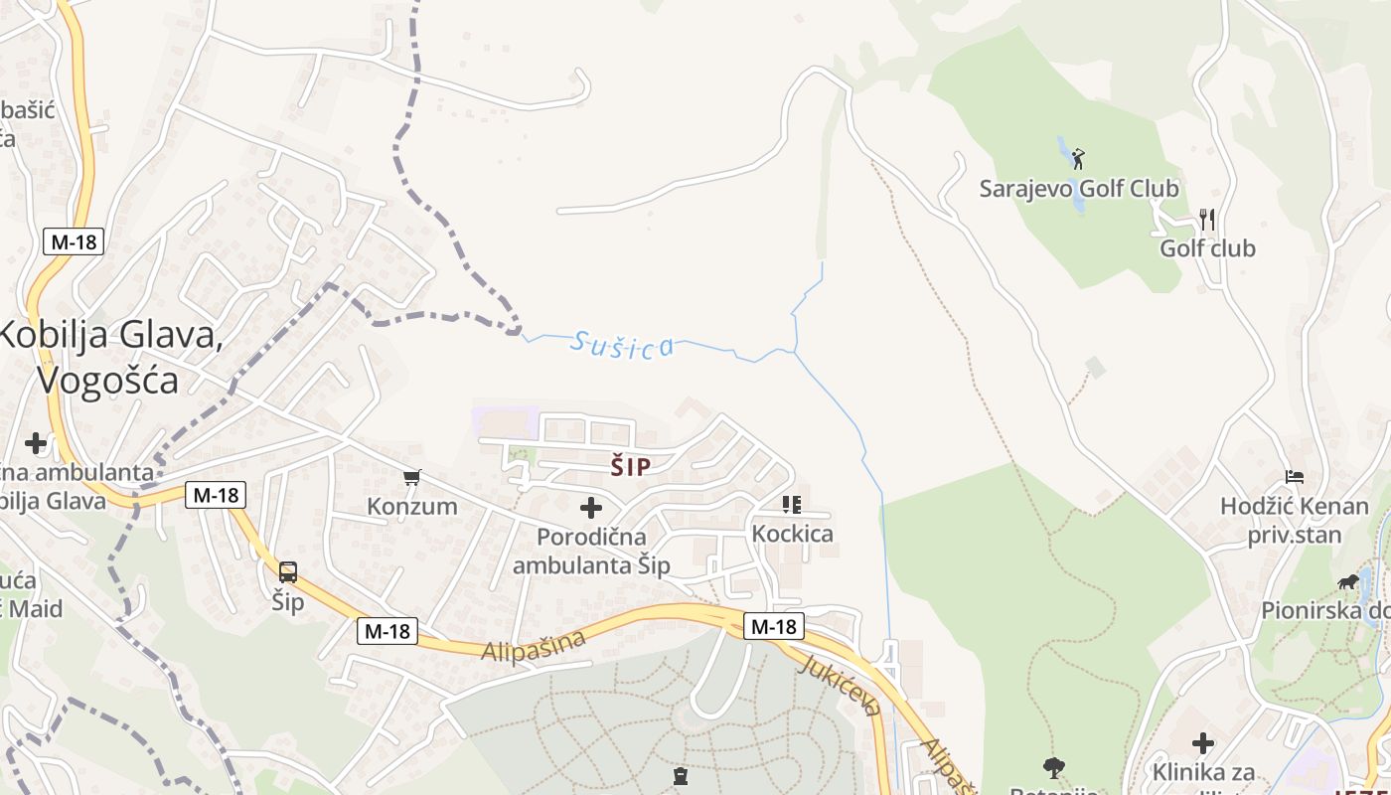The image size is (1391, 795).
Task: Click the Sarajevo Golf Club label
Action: pyautogui.click(x=1079, y=189)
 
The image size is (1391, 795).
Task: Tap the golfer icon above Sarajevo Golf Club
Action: pyautogui.click(x=1078, y=158)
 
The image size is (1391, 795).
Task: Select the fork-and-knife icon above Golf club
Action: pyautogui.click(x=1207, y=219)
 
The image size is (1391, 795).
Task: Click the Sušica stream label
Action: pyautogui.click(x=623, y=345)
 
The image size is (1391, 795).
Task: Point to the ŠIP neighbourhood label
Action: pyautogui.click(x=630, y=467)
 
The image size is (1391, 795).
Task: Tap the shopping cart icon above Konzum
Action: pyautogui.click(x=412, y=478)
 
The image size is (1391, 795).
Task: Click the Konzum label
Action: pyautogui.click(x=412, y=506)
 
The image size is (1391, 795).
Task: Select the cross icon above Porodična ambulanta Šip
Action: pyautogui.click(x=591, y=509)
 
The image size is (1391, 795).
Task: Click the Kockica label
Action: pyautogui.click(x=793, y=534)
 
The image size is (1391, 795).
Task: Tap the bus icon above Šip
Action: pyautogui.click(x=287, y=572)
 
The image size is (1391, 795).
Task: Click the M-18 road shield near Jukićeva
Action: pyautogui.click(x=774, y=626)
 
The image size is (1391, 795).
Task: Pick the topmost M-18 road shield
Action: pyautogui.click(x=75, y=241)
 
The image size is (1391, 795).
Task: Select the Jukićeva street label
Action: pyautogui.click(x=841, y=685)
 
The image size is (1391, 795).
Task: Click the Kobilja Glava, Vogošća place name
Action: pyautogui.click(x=107, y=358)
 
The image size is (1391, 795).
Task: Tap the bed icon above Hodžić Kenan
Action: pyautogui.click(x=1294, y=477)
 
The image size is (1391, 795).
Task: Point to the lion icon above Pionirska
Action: pyautogui.click(x=1348, y=581)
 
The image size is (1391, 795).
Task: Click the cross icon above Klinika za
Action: pyautogui.click(x=1203, y=743)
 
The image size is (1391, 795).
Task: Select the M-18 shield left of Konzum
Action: pyautogui.click(x=216, y=495)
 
